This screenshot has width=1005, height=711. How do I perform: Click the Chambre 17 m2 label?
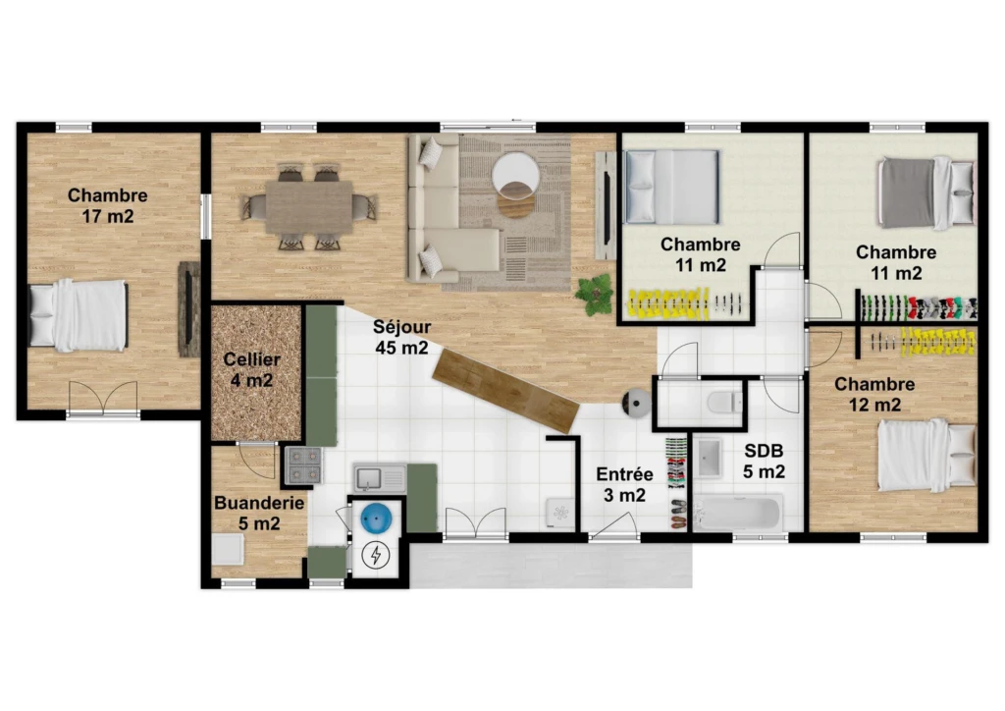[x=108, y=205]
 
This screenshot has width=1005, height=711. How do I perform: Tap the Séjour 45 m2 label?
[x=401, y=337]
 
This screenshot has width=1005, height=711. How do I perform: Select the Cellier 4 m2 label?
[x=252, y=370]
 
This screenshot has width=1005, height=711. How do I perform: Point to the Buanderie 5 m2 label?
[x=259, y=513]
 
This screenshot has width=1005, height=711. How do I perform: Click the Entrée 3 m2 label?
[x=624, y=485]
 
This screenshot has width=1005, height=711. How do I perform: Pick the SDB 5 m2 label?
[x=764, y=461]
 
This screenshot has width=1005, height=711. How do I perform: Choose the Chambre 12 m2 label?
[x=874, y=394]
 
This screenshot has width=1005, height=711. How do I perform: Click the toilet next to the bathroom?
[x=724, y=403]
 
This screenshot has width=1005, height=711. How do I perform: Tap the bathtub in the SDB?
[x=738, y=513]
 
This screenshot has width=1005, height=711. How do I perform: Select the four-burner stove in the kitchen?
[x=303, y=465]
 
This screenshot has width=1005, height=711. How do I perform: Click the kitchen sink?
[x=380, y=478]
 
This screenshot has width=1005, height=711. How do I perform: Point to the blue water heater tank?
[x=375, y=518]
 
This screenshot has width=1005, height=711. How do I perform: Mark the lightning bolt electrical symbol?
[x=376, y=555]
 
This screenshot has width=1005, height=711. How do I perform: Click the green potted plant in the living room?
[x=596, y=295]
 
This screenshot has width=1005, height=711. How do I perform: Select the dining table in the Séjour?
[x=309, y=207]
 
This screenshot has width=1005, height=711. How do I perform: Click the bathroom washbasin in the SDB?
[x=709, y=459]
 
